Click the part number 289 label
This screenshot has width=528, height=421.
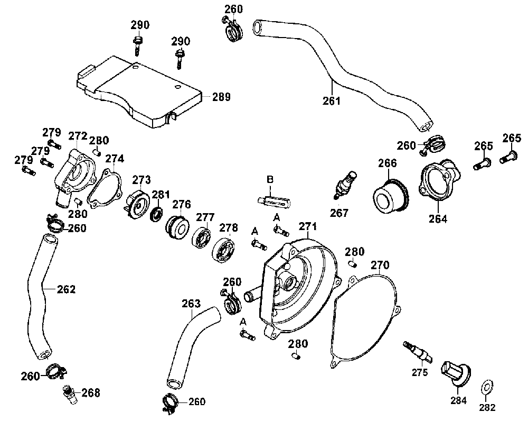tap(221, 97)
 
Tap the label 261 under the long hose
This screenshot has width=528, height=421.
tap(332, 101)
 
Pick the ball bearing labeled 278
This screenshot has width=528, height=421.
tap(223, 250)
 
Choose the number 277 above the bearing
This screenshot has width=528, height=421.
tap(205, 217)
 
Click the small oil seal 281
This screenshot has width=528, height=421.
tap(156, 214)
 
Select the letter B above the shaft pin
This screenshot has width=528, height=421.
tap(270, 179)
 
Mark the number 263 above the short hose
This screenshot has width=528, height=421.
tap(191, 304)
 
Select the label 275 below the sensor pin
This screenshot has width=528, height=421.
tap(420, 372)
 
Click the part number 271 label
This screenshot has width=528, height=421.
tap(308, 226)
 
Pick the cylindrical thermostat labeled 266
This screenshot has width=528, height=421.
tap(391, 196)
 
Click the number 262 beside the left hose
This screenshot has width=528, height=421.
tap(66, 289)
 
